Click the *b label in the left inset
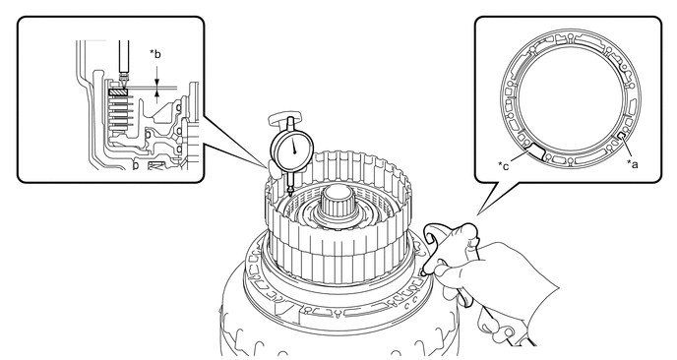155,54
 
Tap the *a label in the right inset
632,164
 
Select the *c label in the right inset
504,165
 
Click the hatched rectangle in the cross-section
118,91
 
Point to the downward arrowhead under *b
156,82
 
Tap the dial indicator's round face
292,150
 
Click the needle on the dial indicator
294,146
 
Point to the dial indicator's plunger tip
289,193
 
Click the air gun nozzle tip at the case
424,272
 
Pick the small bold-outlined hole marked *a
623,136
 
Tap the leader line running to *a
628,149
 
